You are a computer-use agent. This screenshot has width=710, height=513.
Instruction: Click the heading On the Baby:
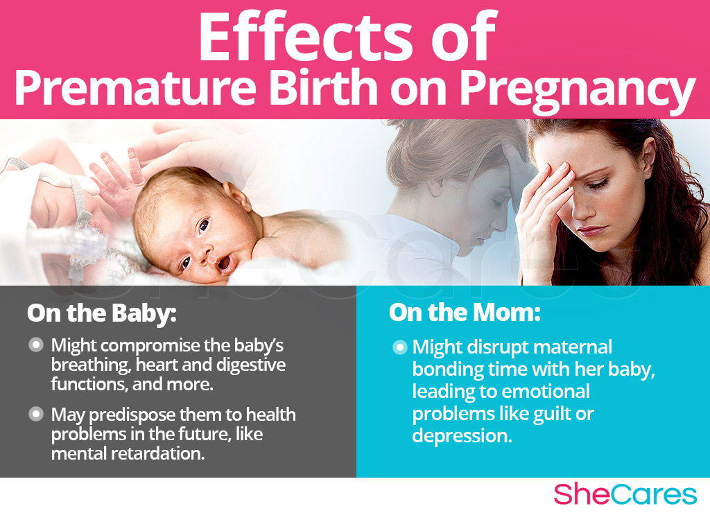[x=102, y=313]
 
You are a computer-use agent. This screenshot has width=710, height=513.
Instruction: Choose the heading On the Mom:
[x=464, y=313]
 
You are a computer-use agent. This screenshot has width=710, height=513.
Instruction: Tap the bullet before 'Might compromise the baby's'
[x=36, y=345]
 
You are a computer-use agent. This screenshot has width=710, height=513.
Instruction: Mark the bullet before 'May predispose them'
[x=36, y=415]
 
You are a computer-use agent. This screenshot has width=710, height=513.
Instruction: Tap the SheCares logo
[x=625, y=494]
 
